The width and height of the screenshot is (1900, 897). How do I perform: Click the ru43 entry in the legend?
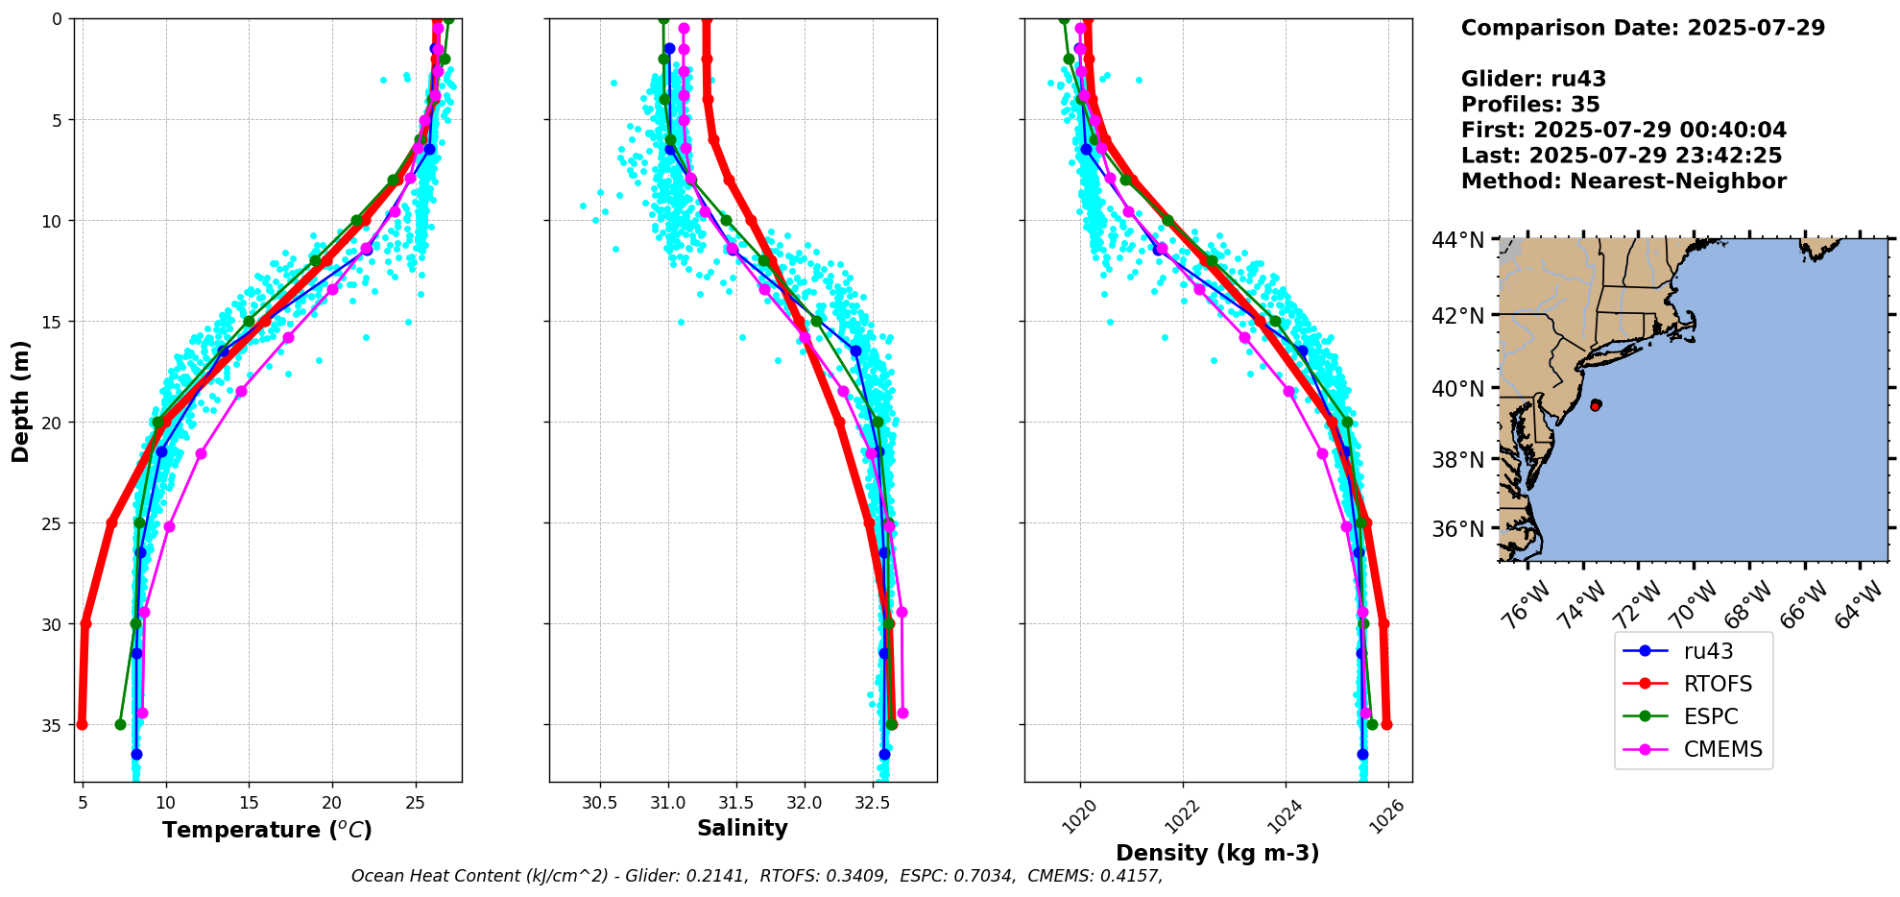pyautogui.click(x=1708, y=651)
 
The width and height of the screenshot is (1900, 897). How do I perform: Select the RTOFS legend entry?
pyautogui.click(x=1718, y=684)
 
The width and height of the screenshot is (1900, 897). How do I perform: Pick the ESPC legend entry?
pyautogui.click(x=1711, y=716)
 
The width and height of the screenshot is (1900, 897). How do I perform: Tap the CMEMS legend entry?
pyautogui.click(x=1722, y=749)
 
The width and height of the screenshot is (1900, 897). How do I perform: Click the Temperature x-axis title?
pyautogui.click(x=267, y=830)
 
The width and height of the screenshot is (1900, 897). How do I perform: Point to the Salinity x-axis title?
pyautogui.click(x=742, y=828)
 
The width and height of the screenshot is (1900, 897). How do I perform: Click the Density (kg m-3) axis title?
pyautogui.click(x=1217, y=853)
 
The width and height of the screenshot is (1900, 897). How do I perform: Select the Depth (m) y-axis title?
pyautogui.click(x=21, y=400)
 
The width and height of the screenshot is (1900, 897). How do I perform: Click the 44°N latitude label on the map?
pyautogui.click(x=1457, y=240)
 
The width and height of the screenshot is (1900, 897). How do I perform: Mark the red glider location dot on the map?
pyautogui.click(x=1596, y=405)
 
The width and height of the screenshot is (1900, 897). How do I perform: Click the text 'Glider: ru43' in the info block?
pyautogui.click(x=1533, y=79)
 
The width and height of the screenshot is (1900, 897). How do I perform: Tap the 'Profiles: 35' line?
pyautogui.click(x=1530, y=105)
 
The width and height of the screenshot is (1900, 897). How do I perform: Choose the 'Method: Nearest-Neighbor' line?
pyautogui.click(x=1623, y=181)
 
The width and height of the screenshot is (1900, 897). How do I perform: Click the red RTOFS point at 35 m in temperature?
pyautogui.click(x=82, y=724)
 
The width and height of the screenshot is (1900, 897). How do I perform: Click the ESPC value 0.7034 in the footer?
pyautogui.click(x=986, y=876)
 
